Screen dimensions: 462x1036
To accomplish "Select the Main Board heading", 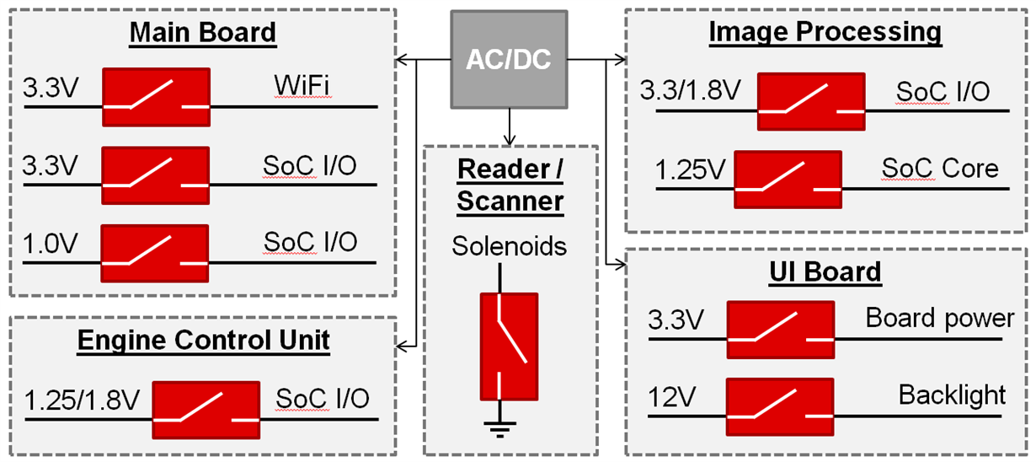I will (202, 33).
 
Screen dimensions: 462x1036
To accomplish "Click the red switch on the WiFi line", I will (156, 94).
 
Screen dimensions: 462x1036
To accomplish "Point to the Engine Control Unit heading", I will (203, 341).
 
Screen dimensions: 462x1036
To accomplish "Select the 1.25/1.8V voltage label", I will (82, 400).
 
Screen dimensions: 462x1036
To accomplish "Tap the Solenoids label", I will (509, 247).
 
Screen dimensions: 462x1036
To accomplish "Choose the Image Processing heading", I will (825, 32).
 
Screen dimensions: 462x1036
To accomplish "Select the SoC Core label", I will (939, 168).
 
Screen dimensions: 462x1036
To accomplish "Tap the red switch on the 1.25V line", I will (788, 177).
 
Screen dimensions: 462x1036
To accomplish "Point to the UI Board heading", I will (825, 271).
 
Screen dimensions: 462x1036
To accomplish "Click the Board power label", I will (940, 318).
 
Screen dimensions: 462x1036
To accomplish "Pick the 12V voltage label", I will (670, 394).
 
